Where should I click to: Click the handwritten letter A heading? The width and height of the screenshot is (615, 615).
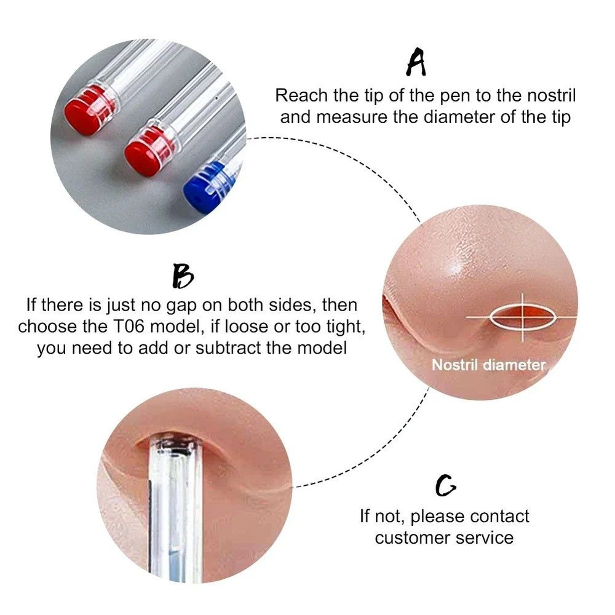[416, 63]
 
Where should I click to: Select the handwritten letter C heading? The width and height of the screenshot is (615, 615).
[445, 486]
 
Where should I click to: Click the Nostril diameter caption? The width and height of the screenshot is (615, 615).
[488, 365]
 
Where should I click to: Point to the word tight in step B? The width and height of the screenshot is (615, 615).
[347, 327]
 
